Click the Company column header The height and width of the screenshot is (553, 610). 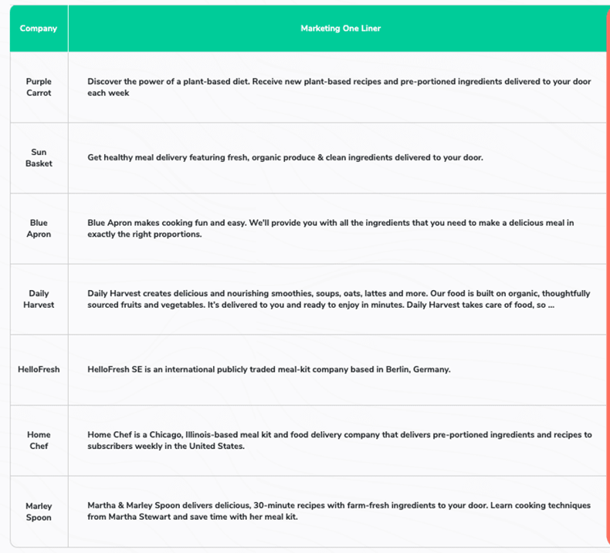pos(39,29)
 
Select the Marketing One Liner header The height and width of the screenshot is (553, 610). pos(341,29)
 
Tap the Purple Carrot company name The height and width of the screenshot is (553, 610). pos(39,87)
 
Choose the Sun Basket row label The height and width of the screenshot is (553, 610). pos(39,158)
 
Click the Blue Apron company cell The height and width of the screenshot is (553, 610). pos(39,228)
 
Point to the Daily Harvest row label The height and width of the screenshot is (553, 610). pos(39,299)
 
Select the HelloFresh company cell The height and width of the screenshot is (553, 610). pos(39,369)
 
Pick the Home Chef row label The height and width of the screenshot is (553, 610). pos(39,440)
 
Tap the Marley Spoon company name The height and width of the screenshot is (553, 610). pos(39,511)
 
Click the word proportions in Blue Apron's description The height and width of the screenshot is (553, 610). pos(156,234)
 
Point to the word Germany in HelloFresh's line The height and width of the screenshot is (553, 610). pos(432,369)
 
